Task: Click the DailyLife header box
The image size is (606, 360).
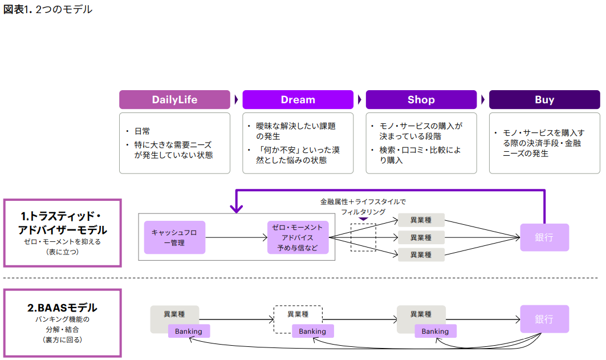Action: pyautogui.click(x=174, y=100)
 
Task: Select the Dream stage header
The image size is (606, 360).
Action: pyautogui.click(x=298, y=100)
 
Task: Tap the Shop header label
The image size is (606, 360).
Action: pyautogui.click(x=421, y=100)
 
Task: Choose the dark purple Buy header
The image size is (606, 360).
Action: pyautogui.click(x=544, y=100)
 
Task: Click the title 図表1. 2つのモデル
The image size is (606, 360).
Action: pyautogui.click(x=48, y=9)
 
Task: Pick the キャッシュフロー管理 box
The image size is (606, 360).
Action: pyautogui.click(x=174, y=237)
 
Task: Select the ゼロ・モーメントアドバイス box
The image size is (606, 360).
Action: pyautogui.click(x=298, y=237)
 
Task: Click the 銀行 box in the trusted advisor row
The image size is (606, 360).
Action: pyautogui.click(x=544, y=237)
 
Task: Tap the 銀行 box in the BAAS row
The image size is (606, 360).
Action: pyautogui.click(x=544, y=319)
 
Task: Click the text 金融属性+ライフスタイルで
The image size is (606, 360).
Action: pyautogui.click(x=363, y=201)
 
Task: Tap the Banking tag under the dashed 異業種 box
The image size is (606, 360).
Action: pyautogui.click(x=312, y=331)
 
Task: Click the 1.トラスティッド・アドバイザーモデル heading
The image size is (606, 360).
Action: pyautogui.click(x=63, y=223)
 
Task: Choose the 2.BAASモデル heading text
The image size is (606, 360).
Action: pyautogui.click(x=62, y=308)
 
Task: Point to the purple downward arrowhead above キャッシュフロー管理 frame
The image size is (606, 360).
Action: pyautogui.click(x=236, y=209)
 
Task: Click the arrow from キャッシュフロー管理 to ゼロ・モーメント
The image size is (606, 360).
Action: pyautogui.click(x=236, y=237)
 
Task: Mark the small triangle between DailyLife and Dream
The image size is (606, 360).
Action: pyautogui.click(x=236, y=100)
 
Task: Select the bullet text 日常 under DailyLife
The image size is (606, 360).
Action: pyautogui.click(x=142, y=131)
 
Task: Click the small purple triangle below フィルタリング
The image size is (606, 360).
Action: pyautogui.click(x=363, y=219)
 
